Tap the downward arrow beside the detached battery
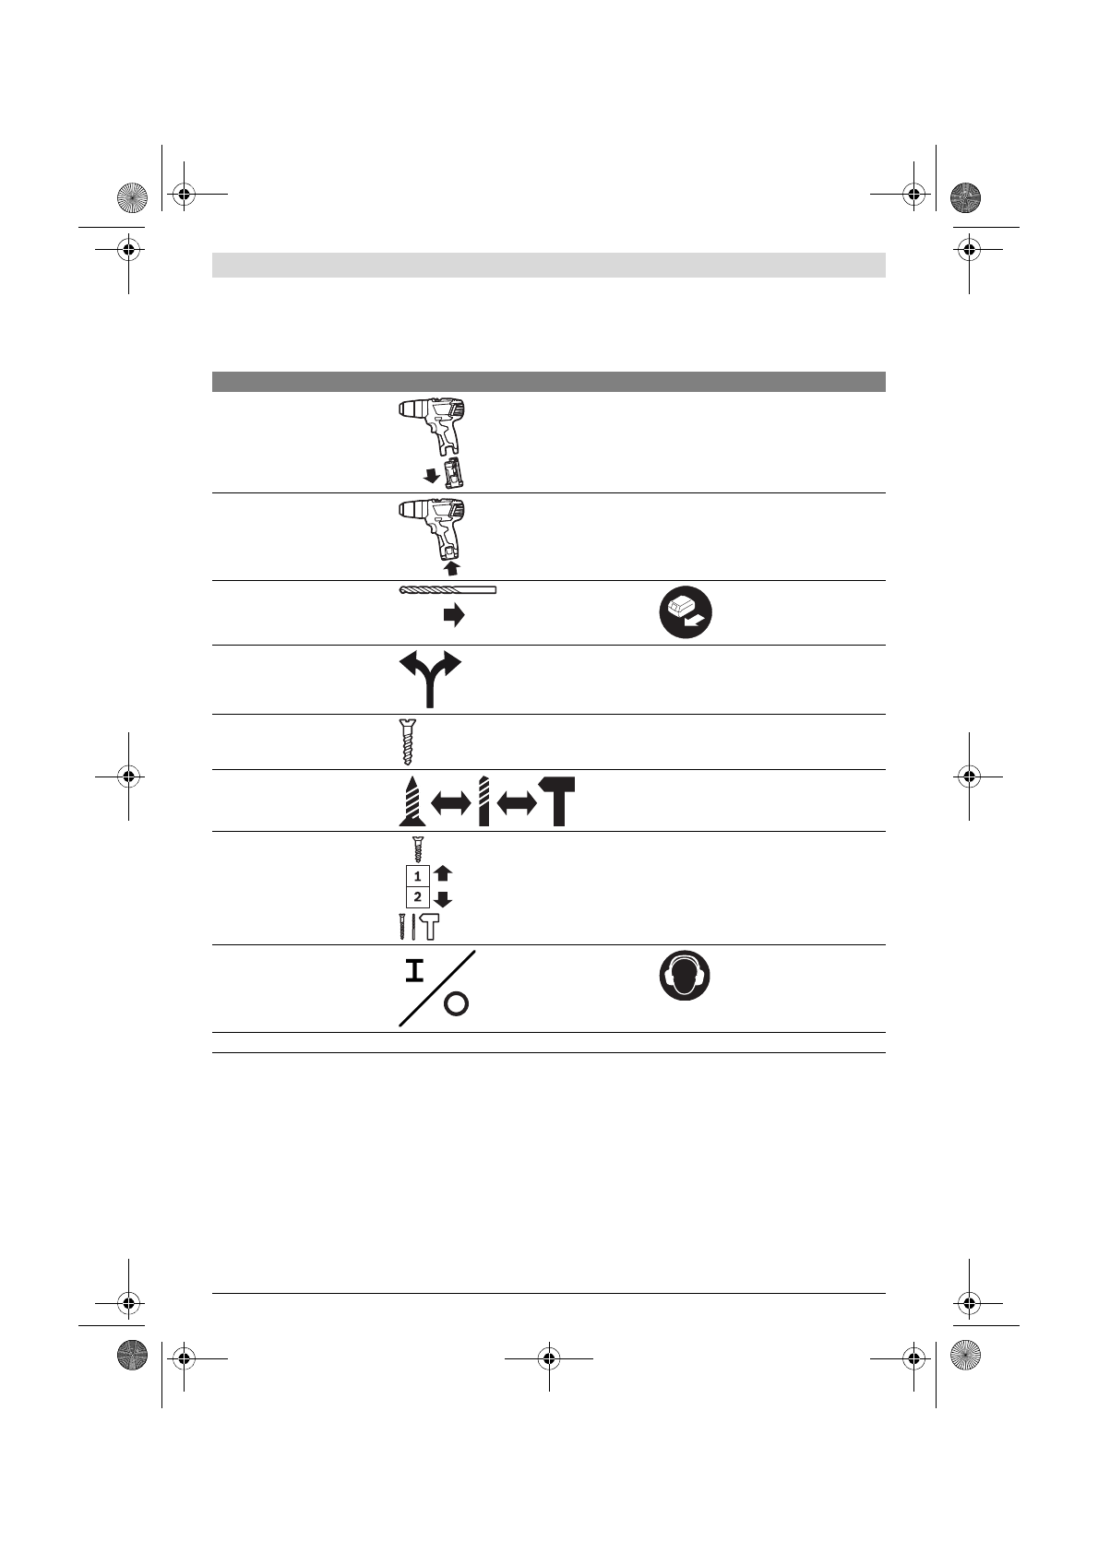pyautogui.click(x=430, y=474)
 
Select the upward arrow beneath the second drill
pyautogui.click(x=451, y=567)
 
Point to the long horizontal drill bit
pyautogui.click(x=448, y=590)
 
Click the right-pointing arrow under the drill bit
pyautogui.click(x=453, y=616)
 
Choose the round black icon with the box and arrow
pyautogui.click(x=685, y=612)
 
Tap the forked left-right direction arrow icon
pyautogui.click(x=429, y=679)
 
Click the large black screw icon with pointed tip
pyautogui.click(x=409, y=800)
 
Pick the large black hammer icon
pyautogui.click(x=557, y=800)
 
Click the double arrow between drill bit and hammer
pyautogui.click(x=517, y=804)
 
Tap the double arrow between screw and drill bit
pyautogui.click(x=450, y=804)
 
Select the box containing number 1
pyautogui.click(x=417, y=876)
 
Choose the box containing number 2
pyautogui.click(x=417, y=896)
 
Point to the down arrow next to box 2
pyautogui.click(x=443, y=899)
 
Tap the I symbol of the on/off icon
pyautogui.click(x=414, y=971)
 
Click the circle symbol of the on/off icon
pyautogui.click(x=456, y=1005)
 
